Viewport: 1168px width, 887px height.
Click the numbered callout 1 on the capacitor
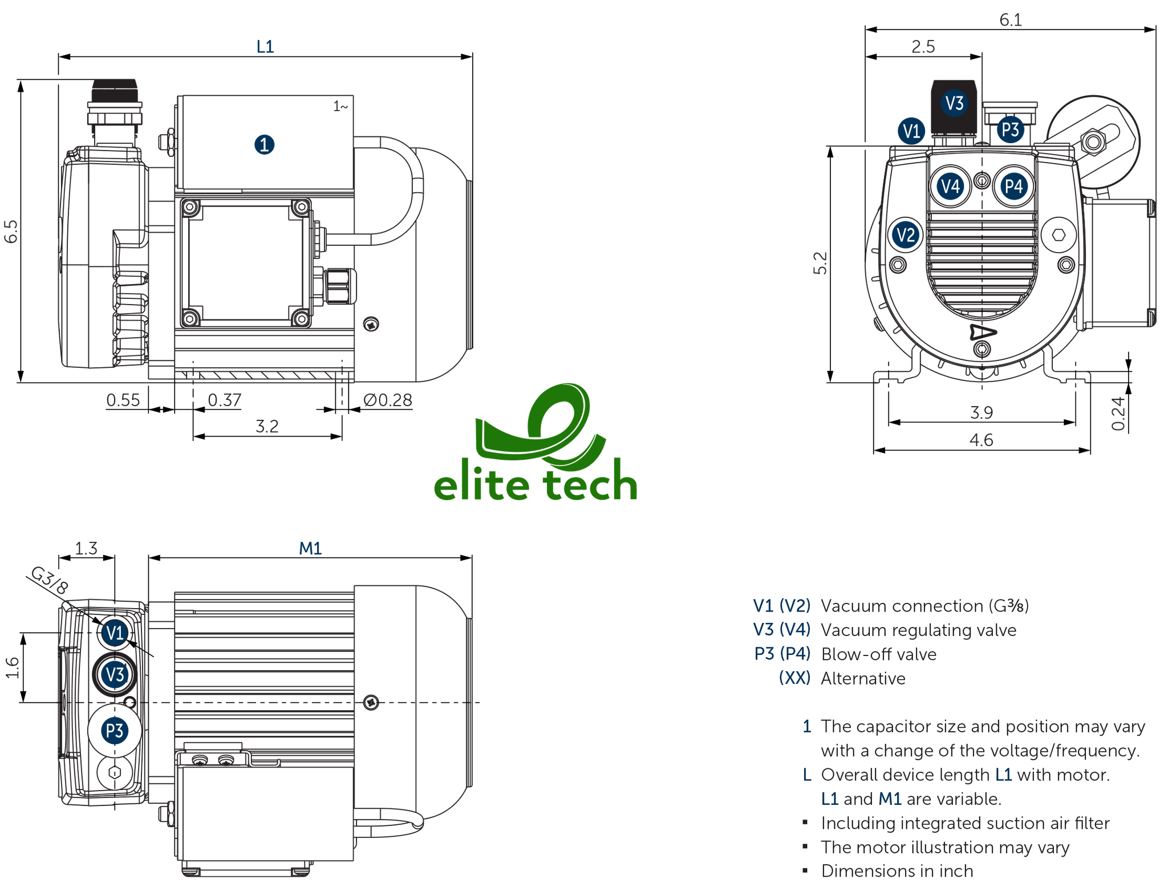pyautogui.click(x=264, y=144)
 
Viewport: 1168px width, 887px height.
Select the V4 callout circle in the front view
pyautogui.click(x=950, y=187)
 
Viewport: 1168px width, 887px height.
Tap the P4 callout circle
pyautogui.click(x=1013, y=187)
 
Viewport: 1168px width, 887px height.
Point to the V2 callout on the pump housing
pyautogui.click(x=906, y=235)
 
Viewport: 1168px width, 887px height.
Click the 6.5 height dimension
pyautogui.click(x=11, y=231)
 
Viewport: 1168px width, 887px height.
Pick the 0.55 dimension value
pyautogui.click(x=123, y=400)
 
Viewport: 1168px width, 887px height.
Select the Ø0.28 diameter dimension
pyautogui.click(x=388, y=400)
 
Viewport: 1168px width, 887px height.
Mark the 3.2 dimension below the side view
pyautogui.click(x=267, y=427)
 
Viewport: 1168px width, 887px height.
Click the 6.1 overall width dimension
pyautogui.click(x=1011, y=20)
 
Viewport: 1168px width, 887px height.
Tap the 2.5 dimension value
pyautogui.click(x=923, y=47)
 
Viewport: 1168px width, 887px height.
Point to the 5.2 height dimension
pyautogui.click(x=820, y=264)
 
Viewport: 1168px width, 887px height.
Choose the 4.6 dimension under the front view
pyautogui.click(x=981, y=440)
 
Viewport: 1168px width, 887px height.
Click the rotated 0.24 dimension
pyautogui.click(x=1119, y=414)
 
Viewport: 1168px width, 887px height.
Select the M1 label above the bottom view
pyautogui.click(x=310, y=549)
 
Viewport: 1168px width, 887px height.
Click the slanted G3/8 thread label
pyautogui.click(x=50, y=580)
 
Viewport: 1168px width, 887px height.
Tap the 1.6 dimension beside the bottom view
pyautogui.click(x=13, y=668)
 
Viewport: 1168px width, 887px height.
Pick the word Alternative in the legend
pyautogui.click(x=863, y=679)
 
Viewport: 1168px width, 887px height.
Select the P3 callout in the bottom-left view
pyautogui.click(x=115, y=731)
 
